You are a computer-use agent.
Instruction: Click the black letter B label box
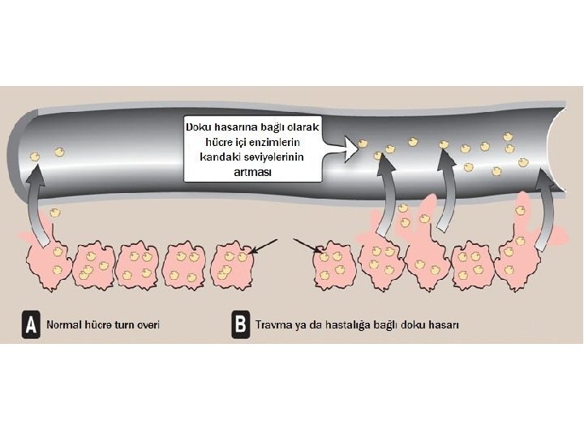point(240,324)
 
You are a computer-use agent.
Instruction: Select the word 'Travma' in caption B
point(273,324)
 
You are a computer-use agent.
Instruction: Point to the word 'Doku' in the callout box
point(200,128)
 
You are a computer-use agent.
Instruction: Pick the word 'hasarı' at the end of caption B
point(445,324)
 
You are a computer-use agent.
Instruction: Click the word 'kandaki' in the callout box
point(214,157)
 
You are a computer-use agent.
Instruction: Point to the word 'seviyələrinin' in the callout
point(271,157)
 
